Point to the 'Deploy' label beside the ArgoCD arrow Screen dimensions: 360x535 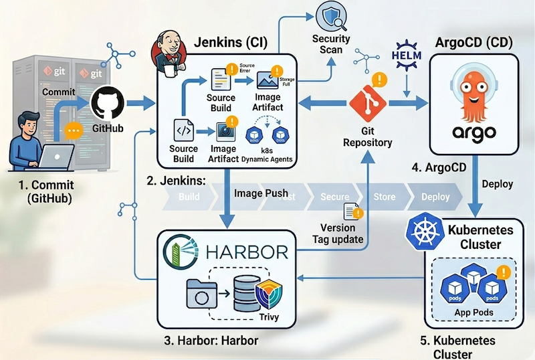click(497, 183)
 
